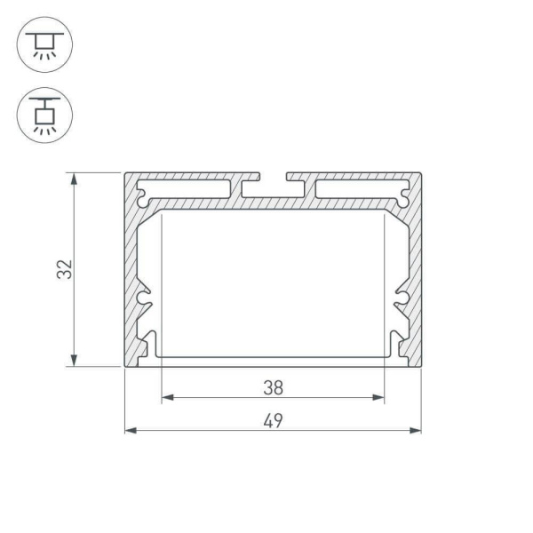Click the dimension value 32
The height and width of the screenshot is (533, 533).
pyautogui.click(x=63, y=270)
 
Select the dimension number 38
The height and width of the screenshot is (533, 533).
pyautogui.click(x=273, y=387)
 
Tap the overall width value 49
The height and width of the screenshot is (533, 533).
pyautogui.click(x=273, y=420)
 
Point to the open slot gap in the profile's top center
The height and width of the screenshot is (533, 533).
pyautogui.click(x=273, y=178)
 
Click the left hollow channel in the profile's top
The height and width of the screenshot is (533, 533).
pyautogui.click(x=187, y=189)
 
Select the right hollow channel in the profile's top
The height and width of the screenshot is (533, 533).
pyautogui.click(x=360, y=189)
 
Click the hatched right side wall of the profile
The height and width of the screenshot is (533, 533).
pyautogui.click(x=415, y=266)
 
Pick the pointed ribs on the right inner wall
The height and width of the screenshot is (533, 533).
pyautogui.click(x=401, y=302)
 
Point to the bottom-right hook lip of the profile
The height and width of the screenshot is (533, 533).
pyautogui.click(x=394, y=348)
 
